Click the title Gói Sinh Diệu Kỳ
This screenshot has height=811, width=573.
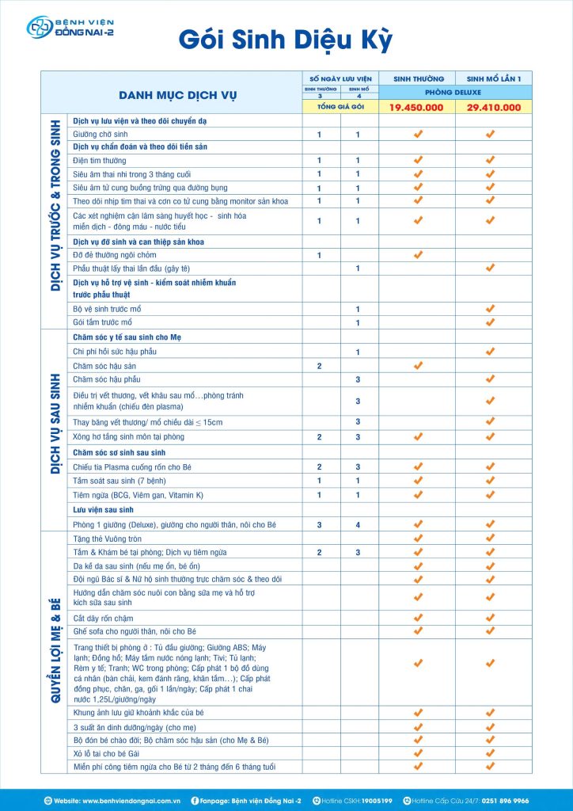[x=286, y=40]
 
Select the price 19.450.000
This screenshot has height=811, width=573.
[x=417, y=108]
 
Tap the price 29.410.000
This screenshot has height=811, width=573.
[x=494, y=108]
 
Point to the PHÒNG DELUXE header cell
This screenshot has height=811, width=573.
[x=455, y=92]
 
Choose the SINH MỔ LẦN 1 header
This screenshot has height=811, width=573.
[x=494, y=79]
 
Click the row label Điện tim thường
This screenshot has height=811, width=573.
[x=99, y=161]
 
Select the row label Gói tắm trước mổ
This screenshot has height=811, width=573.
[x=103, y=323]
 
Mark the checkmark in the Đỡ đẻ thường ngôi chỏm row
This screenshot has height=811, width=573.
[x=418, y=255]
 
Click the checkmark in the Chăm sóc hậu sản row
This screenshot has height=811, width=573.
[x=418, y=366]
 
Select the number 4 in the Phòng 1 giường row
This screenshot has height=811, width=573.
[x=358, y=524]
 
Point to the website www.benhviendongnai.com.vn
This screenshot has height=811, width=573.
[x=131, y=801]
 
